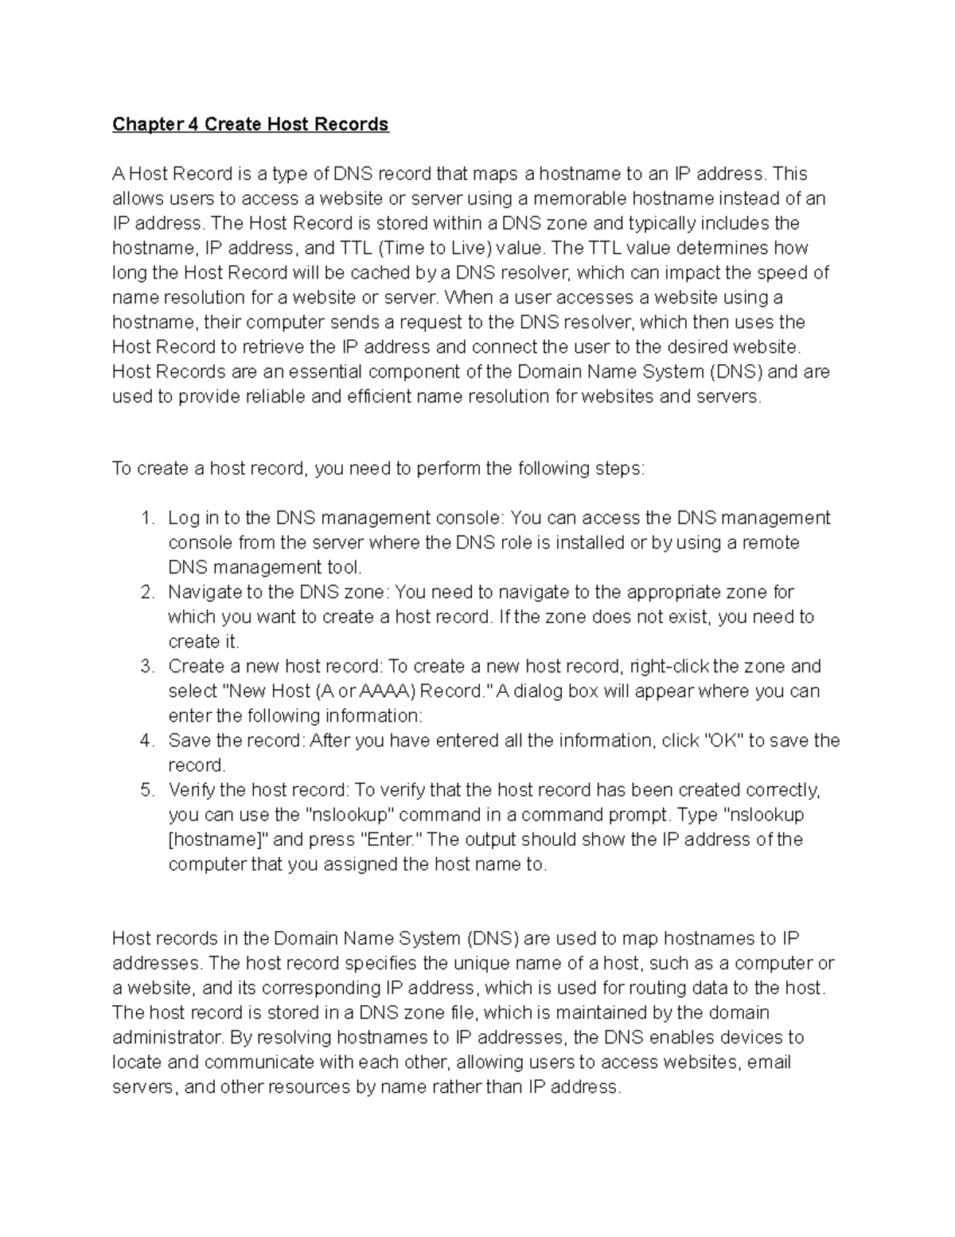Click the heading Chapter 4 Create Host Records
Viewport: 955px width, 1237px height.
point(250,124)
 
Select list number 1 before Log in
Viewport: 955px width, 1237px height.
point(146,519)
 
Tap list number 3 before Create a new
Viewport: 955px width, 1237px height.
point(146,667)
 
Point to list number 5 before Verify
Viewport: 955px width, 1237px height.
point(146,790)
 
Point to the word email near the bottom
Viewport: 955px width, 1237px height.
point(769,1063)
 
